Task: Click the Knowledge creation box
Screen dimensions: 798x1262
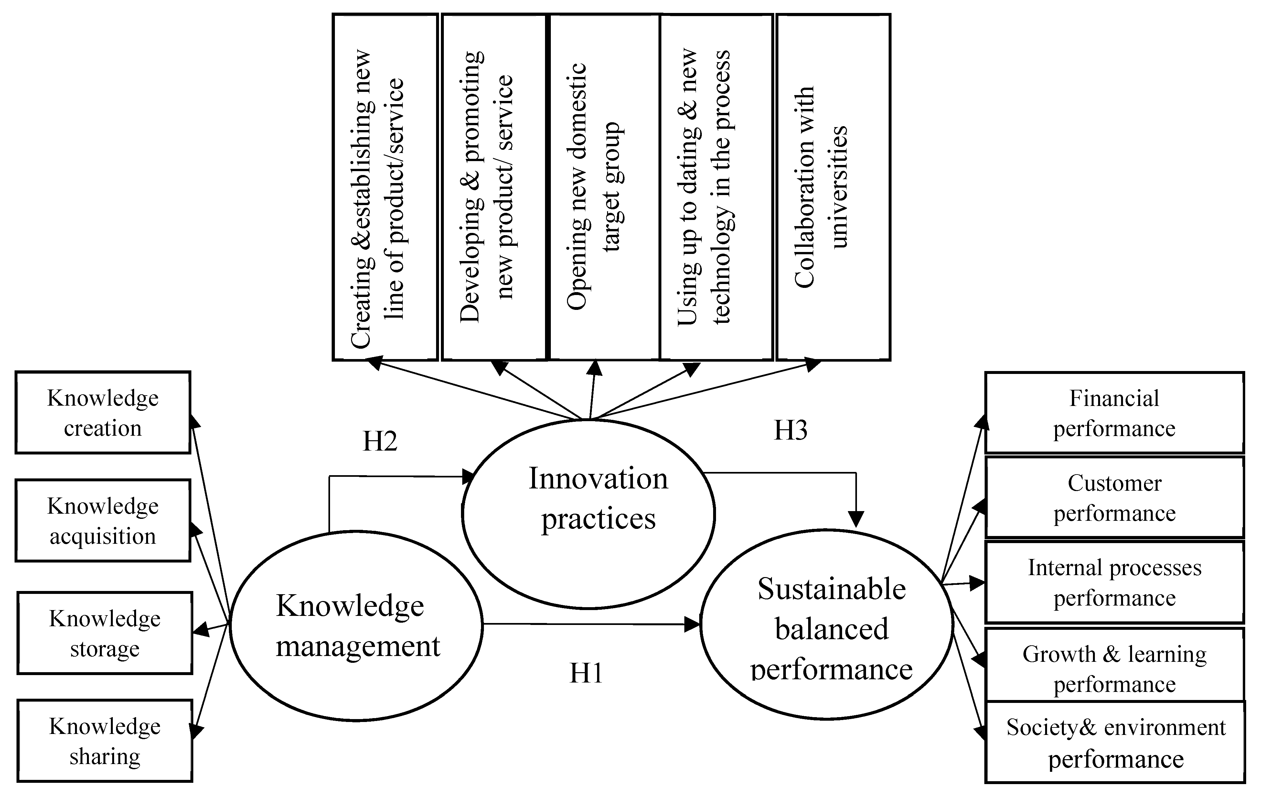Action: [103, 413]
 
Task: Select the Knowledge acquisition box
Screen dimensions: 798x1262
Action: [103, 521]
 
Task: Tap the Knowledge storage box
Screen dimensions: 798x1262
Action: [105, 633]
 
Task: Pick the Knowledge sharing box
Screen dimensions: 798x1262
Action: [105, 741]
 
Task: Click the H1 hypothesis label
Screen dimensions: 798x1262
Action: [586, 673]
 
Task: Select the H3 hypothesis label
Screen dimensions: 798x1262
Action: [790, 431]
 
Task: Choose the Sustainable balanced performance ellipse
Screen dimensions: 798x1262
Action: [827, 625]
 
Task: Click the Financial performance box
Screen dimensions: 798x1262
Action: [1114, 413]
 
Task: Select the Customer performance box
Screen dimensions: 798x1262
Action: [1114, 497]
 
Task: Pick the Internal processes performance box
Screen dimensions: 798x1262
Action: [1114, 583]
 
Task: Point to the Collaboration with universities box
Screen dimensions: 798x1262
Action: [833, 187]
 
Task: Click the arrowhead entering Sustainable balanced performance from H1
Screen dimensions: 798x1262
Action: [693, 624]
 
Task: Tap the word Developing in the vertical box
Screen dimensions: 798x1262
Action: [470, 278]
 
